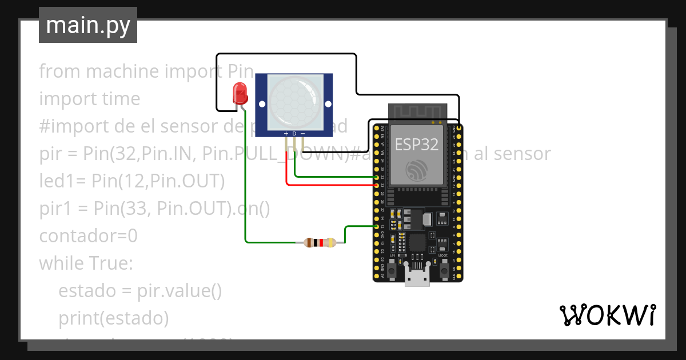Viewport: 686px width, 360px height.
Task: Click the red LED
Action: (x=240, y=93)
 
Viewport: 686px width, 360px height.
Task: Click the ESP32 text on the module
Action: (x=417, y=144)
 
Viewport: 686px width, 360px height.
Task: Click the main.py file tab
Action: (x=88, y=25)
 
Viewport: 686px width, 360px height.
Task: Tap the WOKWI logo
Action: (x=607, y=315)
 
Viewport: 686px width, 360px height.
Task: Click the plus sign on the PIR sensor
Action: (x=286, y=134)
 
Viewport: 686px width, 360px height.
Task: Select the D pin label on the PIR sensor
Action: (x=294, y=134)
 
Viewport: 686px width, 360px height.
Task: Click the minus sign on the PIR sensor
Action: (x=302, y=134)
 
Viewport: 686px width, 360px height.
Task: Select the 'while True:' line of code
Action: (x=86, y=263)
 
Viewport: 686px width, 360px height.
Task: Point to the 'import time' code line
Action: (x=89, y=98)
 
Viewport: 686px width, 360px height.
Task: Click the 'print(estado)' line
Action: (x=113, y=318)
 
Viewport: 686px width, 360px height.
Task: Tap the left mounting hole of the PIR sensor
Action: (x=262, y=104)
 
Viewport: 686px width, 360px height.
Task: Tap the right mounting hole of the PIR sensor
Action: (x=328, y=104)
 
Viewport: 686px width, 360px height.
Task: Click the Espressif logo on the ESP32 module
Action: (x=417, y=170)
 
